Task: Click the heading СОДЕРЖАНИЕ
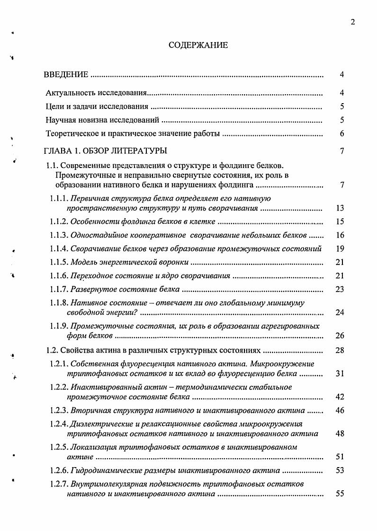(198, 45)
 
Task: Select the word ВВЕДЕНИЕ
(66, 75)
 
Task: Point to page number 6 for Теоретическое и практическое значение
(341, 134)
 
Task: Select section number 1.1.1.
(59, 198)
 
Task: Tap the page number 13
(340, 208)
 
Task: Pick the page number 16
(340, 235)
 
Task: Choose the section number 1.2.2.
(59, 387)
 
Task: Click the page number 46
(340, 411)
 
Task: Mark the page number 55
(340, 494)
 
